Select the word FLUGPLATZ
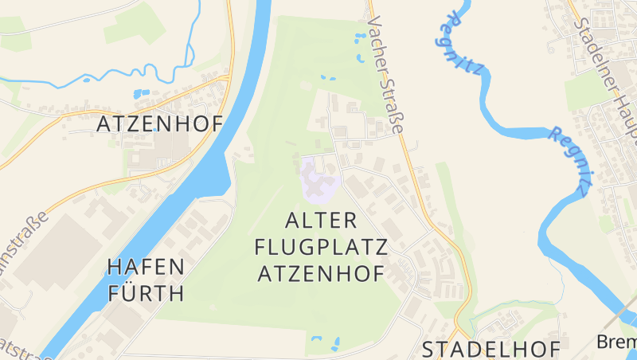point(321,246)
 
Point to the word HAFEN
point(146,266)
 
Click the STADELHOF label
point(490,349)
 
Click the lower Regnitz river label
point(570,159)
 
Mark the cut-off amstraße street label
point(22,235)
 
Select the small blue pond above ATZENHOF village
point(142,93)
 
